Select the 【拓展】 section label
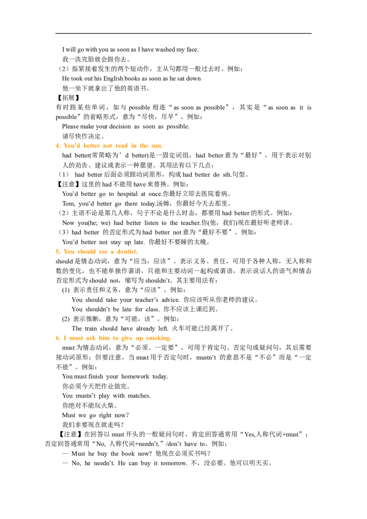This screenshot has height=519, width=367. click(67, 98)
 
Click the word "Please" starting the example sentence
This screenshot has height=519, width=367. click(70, 127)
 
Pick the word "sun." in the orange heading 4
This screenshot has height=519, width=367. click(157, 146)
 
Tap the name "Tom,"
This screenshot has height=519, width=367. click(68, 204)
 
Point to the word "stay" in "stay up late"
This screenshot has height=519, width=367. click(115, 242)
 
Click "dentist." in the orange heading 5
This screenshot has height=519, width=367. click(127, 252)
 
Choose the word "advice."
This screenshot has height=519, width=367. click(170, 299)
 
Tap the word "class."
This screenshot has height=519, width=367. click(152, 309)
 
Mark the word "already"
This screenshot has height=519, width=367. click(145, 329)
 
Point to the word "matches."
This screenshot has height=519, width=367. click(139, 396)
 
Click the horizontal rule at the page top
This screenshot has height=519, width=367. click(183, 33)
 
